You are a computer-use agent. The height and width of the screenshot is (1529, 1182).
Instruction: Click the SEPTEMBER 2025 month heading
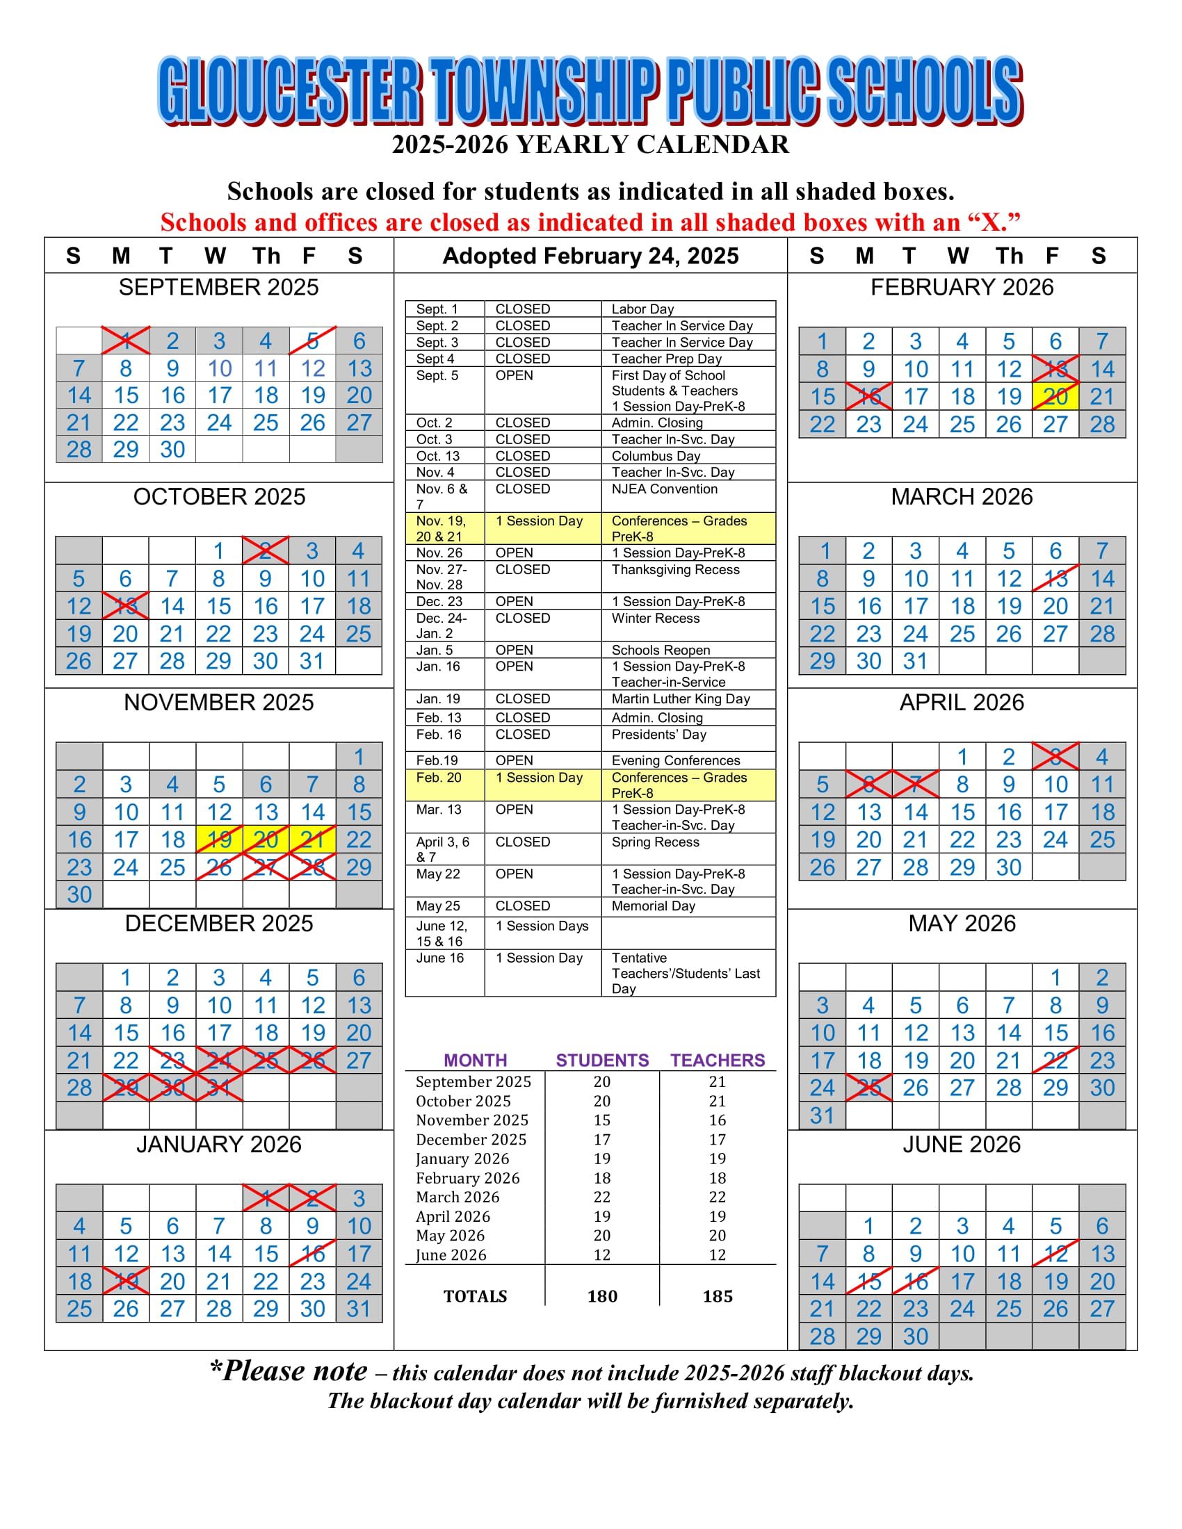point(218,287)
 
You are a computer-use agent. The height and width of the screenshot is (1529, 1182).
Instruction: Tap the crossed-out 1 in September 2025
point(126,341)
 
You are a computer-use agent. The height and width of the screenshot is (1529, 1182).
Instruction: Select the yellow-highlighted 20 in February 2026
point(1055,397)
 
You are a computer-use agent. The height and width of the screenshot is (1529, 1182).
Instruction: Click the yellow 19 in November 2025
point(219,840)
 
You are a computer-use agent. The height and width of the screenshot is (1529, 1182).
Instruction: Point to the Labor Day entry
point(642,309)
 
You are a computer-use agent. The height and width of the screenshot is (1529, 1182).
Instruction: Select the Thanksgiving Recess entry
point(675,569)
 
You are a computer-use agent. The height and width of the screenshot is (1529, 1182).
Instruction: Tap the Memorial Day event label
point(653,906)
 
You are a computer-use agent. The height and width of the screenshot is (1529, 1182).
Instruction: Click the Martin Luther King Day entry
point(680,698)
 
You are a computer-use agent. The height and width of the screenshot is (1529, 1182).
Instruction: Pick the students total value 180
point(602,1296)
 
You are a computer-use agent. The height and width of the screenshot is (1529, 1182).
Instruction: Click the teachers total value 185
point(717,1296)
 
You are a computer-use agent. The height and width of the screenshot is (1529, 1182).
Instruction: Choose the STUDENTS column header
point(602,1060)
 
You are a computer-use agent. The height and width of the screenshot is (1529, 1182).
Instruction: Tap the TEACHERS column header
point(717,1060)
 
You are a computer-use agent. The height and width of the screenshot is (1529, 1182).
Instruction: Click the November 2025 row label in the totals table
point(472,1120)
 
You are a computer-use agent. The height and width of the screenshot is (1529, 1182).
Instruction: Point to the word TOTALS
point(475,1296)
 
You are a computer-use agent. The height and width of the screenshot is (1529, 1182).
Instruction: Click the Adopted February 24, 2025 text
point(590,256)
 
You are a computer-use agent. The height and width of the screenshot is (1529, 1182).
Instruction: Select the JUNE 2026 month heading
point(962,1144)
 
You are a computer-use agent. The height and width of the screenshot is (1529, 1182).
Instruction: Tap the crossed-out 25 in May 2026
point(869,1088)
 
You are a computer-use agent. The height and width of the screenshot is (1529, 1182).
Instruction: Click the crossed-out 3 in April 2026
point(1055,757)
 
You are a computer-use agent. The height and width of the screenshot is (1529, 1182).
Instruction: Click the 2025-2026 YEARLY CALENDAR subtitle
point(590,145)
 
